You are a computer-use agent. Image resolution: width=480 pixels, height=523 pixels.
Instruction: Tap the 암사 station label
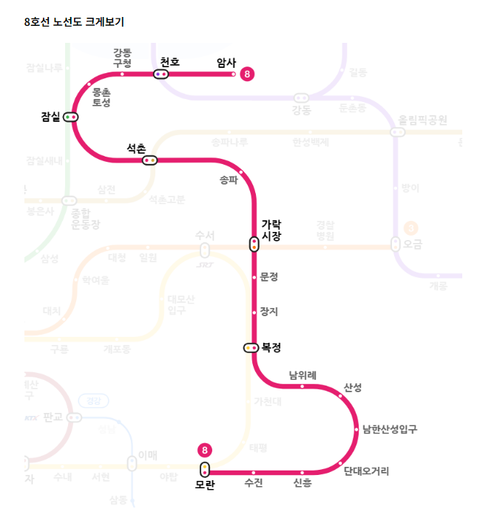226,63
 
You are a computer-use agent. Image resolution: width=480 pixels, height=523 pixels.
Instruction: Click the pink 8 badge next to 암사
247,74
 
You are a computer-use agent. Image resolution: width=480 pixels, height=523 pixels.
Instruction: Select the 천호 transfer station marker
160,74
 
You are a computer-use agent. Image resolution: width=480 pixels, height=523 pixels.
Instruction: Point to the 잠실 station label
50,117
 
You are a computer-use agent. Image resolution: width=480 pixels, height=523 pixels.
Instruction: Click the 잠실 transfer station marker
71,117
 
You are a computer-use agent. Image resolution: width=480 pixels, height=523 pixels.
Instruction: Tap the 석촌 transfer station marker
150,160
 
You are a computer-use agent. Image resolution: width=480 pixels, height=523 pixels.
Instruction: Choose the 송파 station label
229,180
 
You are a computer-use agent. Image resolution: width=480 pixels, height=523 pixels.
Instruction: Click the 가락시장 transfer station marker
254,244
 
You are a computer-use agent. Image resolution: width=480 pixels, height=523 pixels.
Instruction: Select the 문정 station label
269,277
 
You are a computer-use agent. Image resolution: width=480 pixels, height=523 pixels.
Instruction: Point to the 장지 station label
269,312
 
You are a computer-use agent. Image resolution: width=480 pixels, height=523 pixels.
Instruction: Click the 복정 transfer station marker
251,347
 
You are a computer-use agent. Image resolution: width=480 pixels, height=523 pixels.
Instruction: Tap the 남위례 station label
302,375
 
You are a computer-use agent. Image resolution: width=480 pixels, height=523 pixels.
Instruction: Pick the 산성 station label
353,388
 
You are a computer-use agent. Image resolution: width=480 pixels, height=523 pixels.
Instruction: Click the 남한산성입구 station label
389,428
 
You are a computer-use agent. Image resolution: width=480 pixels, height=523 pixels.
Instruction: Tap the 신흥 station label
302,483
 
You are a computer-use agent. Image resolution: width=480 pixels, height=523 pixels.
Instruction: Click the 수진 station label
254,483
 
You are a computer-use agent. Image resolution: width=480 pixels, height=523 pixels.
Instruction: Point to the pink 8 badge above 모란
205,450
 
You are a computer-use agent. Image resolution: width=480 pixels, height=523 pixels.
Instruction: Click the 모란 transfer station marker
205,469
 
